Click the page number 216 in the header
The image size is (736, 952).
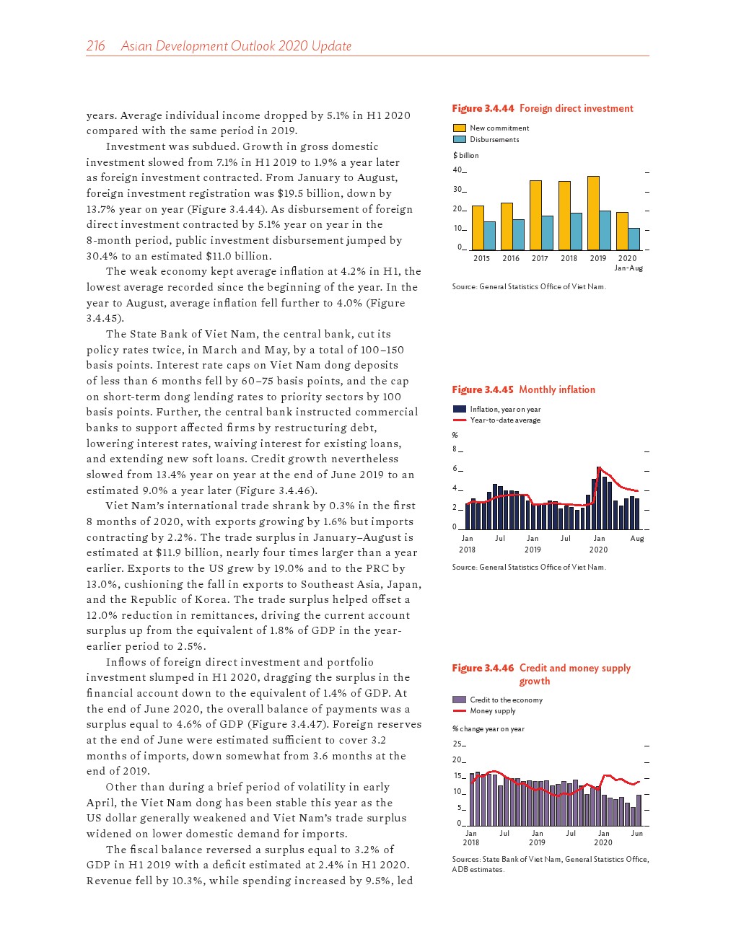point(95,46)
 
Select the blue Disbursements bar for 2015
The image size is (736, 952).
point(489,236)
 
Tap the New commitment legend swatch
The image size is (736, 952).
point(459,128)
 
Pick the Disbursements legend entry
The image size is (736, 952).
point(494,140)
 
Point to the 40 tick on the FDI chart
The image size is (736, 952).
point(457,170)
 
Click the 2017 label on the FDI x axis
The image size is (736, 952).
point(540,258)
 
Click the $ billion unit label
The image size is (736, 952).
point(465,156)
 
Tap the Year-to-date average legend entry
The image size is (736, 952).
point(505,420)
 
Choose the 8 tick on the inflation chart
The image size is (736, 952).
point(455,449)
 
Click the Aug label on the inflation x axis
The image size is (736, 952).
point(637,539)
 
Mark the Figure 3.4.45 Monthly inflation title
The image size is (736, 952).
point(524,390)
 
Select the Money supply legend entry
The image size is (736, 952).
point(493,711)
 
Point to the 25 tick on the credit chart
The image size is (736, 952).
point(457,744)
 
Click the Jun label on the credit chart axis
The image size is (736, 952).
point(637,834)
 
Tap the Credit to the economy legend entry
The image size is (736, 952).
point(506,700)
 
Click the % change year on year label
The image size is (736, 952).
point(489,729)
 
